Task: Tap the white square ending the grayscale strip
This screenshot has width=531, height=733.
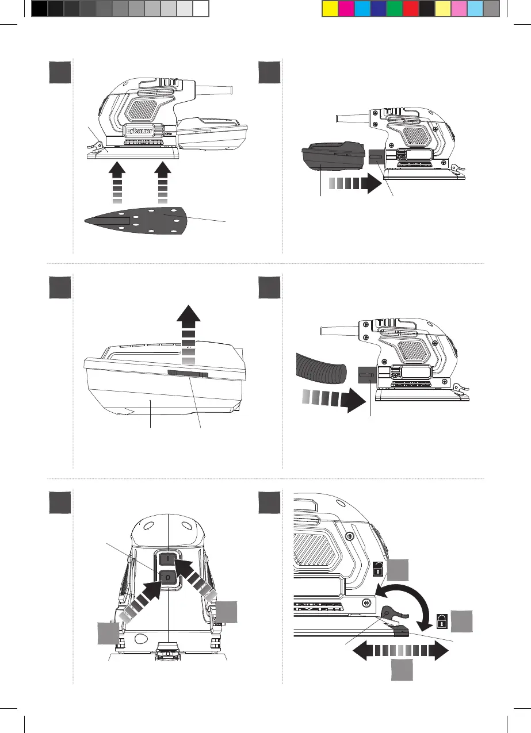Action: (200, 8)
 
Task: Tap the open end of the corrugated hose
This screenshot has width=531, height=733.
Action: (341, 373)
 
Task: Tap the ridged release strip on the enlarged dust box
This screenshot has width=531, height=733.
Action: (187, 374)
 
